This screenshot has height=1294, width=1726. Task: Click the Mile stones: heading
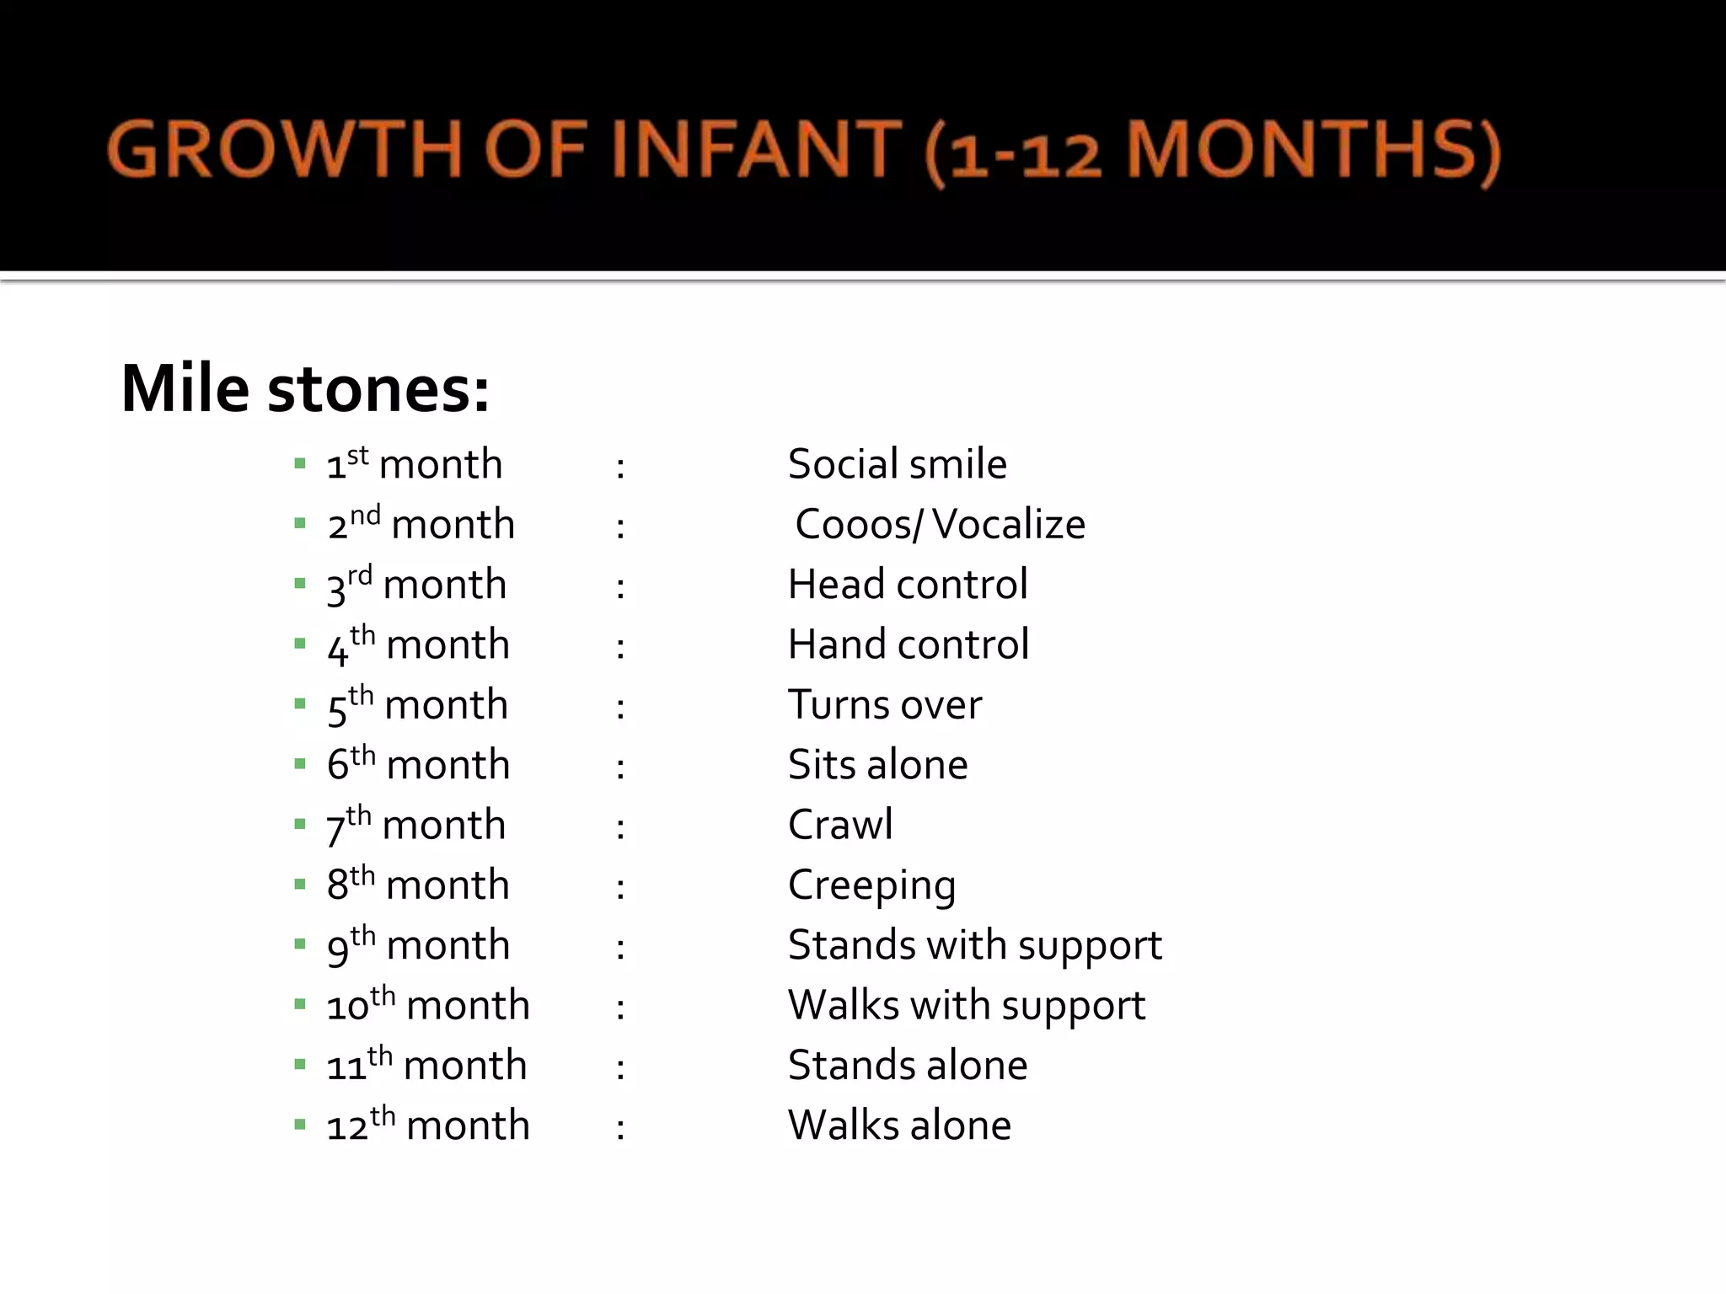[305, 389]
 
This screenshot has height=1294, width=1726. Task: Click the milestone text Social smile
[897, 464]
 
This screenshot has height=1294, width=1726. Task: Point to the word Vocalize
[1009, 525]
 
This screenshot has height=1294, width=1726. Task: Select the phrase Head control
[908, 585]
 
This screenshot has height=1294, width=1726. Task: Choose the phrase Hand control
[909, 644]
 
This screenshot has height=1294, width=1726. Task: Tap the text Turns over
[885, 705]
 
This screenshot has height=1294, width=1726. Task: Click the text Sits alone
[877, 765]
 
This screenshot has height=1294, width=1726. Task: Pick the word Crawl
[840, 825]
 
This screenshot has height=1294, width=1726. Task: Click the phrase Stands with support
[974, 945]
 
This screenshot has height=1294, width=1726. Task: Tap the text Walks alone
[899, 1126]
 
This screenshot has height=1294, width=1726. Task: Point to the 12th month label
[428, 1126]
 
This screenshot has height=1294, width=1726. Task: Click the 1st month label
[415, 464]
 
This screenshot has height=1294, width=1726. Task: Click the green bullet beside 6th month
[300, 764]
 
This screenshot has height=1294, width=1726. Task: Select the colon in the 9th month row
[620, 948]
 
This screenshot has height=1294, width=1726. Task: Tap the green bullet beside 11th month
[300, 1065]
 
